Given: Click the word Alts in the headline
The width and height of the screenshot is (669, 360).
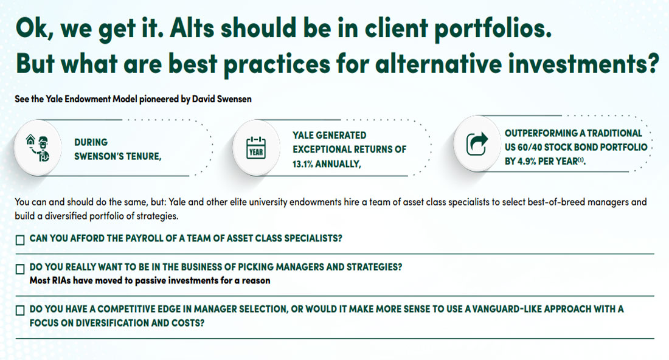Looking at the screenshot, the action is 192,28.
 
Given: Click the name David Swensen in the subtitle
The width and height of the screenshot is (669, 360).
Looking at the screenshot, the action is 221,99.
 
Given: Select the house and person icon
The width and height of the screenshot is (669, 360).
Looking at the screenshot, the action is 38,148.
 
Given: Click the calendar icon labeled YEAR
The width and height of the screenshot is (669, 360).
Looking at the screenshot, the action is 256,148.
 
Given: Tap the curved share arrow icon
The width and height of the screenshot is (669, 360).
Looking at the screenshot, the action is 477,144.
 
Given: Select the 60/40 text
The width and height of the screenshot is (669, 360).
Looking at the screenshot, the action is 529,147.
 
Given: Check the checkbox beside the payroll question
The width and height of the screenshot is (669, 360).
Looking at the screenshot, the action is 20,240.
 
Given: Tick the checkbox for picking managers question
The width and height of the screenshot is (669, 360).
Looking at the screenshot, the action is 20,269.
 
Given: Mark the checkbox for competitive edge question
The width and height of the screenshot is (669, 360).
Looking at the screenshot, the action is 20,311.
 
